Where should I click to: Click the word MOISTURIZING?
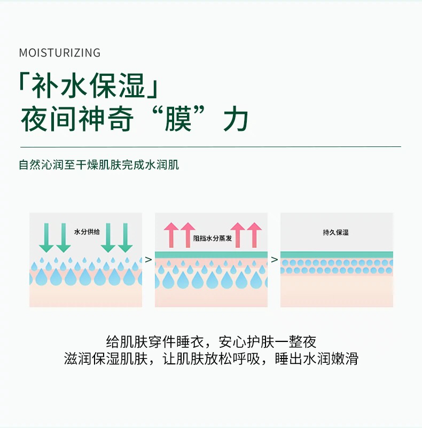tap(59, 52)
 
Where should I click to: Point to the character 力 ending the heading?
tap(236, 120)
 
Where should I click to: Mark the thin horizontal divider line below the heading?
tap(210, 146)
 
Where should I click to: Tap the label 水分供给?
tap(87, 232)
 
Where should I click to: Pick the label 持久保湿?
tap(336, 232)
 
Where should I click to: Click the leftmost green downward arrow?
tap(46, 237)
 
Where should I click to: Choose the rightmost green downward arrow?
tap(125, 237)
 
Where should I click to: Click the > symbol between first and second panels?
tap(149, 260)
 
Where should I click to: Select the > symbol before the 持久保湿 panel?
tap(274, 260)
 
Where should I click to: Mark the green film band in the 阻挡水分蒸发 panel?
tap(211, 254)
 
